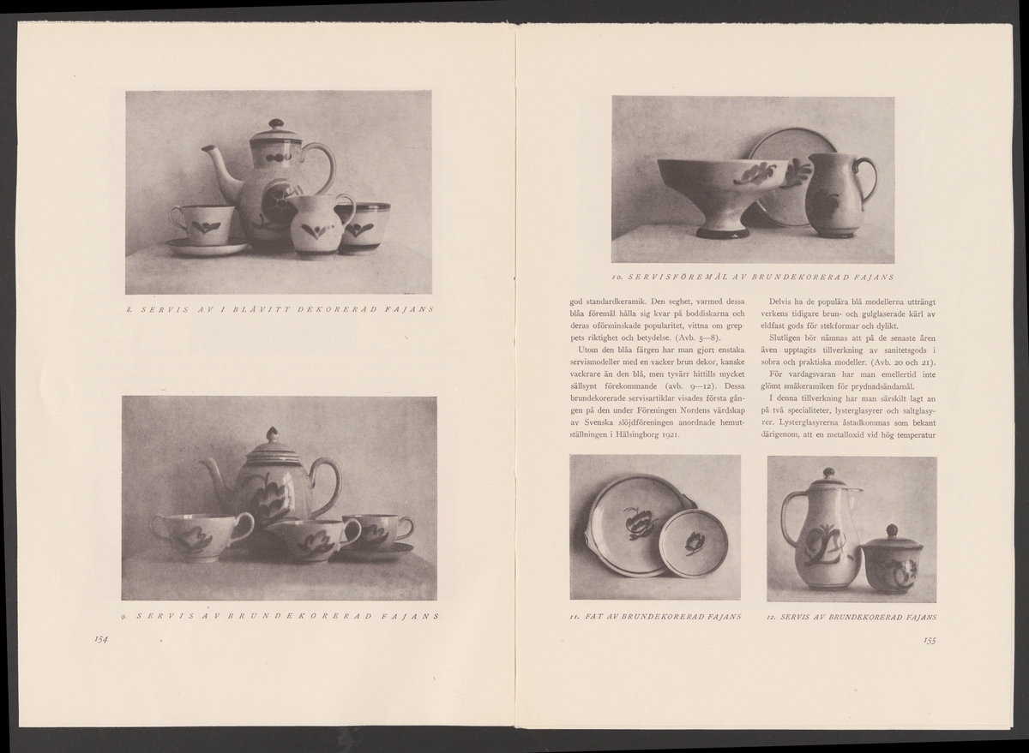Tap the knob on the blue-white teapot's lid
275,124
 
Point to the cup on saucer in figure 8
203,226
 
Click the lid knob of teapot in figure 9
271,433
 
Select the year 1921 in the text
671,435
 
